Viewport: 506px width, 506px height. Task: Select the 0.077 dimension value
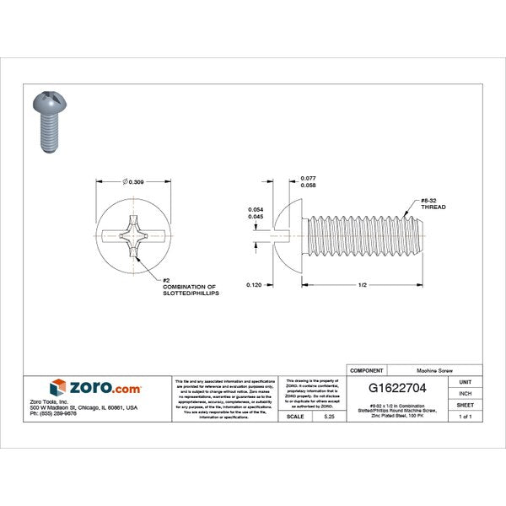point(309,179)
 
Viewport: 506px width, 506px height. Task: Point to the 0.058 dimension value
point(309,187)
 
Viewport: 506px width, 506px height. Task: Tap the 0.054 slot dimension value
point(255,209)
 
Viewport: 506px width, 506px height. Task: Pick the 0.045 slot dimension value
point(255,216)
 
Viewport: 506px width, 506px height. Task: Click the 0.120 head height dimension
point(254,286)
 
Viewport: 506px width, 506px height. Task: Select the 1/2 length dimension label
point(362,286)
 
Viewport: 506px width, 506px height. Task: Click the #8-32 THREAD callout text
point(433,203)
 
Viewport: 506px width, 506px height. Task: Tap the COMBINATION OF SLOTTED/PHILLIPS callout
point(189,291)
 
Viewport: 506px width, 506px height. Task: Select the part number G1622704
point(397,390)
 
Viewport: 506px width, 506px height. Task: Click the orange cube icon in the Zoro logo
point(57,388)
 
